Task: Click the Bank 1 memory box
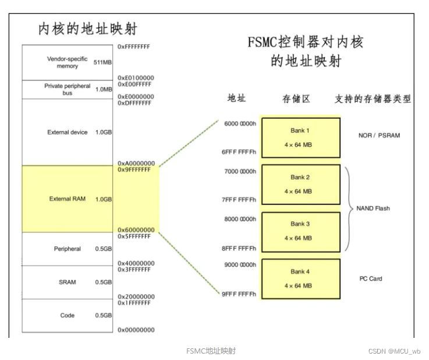[300, 137]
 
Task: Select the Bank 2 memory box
[300, 183]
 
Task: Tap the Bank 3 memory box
[300, 231]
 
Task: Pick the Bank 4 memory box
[300, 278]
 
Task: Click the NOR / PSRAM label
[379, 136]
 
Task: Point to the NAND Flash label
[373, 208]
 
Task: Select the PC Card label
[371, 279]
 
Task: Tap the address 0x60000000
[136, 230]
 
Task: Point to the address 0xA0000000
[136, 163]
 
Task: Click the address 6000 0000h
[240, 123]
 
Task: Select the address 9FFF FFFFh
[239, 294]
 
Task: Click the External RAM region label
[68, 199]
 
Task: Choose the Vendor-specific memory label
[68, 62]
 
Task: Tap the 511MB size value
[103, 62]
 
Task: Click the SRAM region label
[68, 283]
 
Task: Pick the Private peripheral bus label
[68, 89]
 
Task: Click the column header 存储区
[296, 99]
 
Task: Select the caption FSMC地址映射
[211, 351]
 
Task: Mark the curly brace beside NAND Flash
[349, 208]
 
